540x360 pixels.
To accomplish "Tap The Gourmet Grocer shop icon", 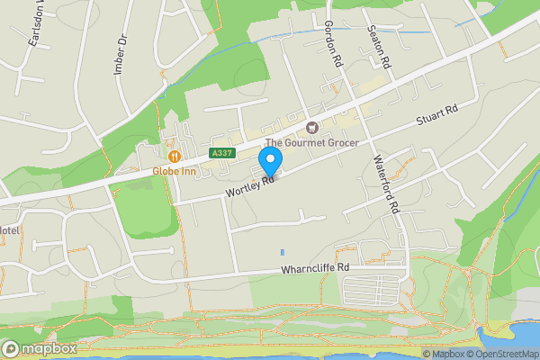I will [x=312, y=128].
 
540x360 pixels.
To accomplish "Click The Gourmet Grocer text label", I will [x=312, y=143].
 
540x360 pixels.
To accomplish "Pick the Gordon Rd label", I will [x=334, y=45].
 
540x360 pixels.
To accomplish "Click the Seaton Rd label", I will [x=380, y=49].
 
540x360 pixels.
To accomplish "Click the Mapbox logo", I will [x=39, y=348].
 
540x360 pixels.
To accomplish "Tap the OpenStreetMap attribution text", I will [x=499, y=354].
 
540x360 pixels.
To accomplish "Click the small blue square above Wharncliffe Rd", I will [x=282, y=253].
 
